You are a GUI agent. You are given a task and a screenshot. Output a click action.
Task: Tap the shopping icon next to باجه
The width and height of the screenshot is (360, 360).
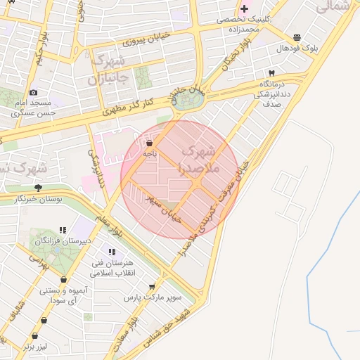[x=149, y=143]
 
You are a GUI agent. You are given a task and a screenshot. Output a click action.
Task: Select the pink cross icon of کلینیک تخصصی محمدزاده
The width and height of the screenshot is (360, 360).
[x=244, y=9]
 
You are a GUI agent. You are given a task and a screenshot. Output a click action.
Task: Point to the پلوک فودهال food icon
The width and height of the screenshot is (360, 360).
[x=296, y=37]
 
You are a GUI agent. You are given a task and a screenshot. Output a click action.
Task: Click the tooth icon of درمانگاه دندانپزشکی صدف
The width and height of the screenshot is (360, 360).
[x=271, y=73]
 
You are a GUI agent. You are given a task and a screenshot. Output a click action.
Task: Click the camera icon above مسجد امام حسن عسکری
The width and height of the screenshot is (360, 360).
[x=33, y=92]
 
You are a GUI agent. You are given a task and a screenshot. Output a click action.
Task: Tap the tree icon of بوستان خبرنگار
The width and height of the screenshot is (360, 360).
[x=38, y=188]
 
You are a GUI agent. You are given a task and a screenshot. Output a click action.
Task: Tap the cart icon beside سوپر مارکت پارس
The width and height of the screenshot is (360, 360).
[x=152, y=287]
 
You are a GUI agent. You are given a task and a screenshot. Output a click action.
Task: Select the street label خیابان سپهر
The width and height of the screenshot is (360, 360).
[x=164, y=209]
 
